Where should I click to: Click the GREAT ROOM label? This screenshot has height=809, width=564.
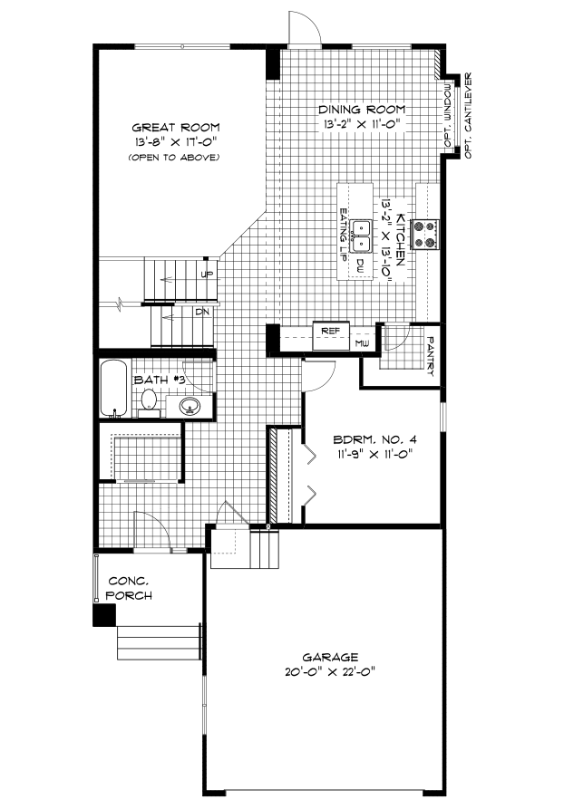click(176, 127)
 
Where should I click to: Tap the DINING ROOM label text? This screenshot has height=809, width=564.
click(360, 109)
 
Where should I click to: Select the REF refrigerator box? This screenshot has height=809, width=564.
click(330, 332)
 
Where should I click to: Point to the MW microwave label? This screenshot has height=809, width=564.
click(361, 344)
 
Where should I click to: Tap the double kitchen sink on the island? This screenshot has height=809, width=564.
click(361, 235)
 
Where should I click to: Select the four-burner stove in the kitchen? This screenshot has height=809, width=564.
click(425, 234)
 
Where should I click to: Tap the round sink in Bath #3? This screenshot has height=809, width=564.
click(190, 405)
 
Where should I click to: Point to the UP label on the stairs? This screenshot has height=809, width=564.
click(207, 274)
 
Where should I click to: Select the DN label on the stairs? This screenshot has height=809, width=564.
click(202, 312)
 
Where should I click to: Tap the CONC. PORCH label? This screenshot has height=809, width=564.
click(129, 588)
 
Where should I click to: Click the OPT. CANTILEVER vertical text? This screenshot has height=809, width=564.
click(468, 115)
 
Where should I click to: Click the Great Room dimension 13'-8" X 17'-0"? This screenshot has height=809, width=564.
click(176, 142)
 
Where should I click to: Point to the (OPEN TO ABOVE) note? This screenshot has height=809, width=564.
click(176, 158)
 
